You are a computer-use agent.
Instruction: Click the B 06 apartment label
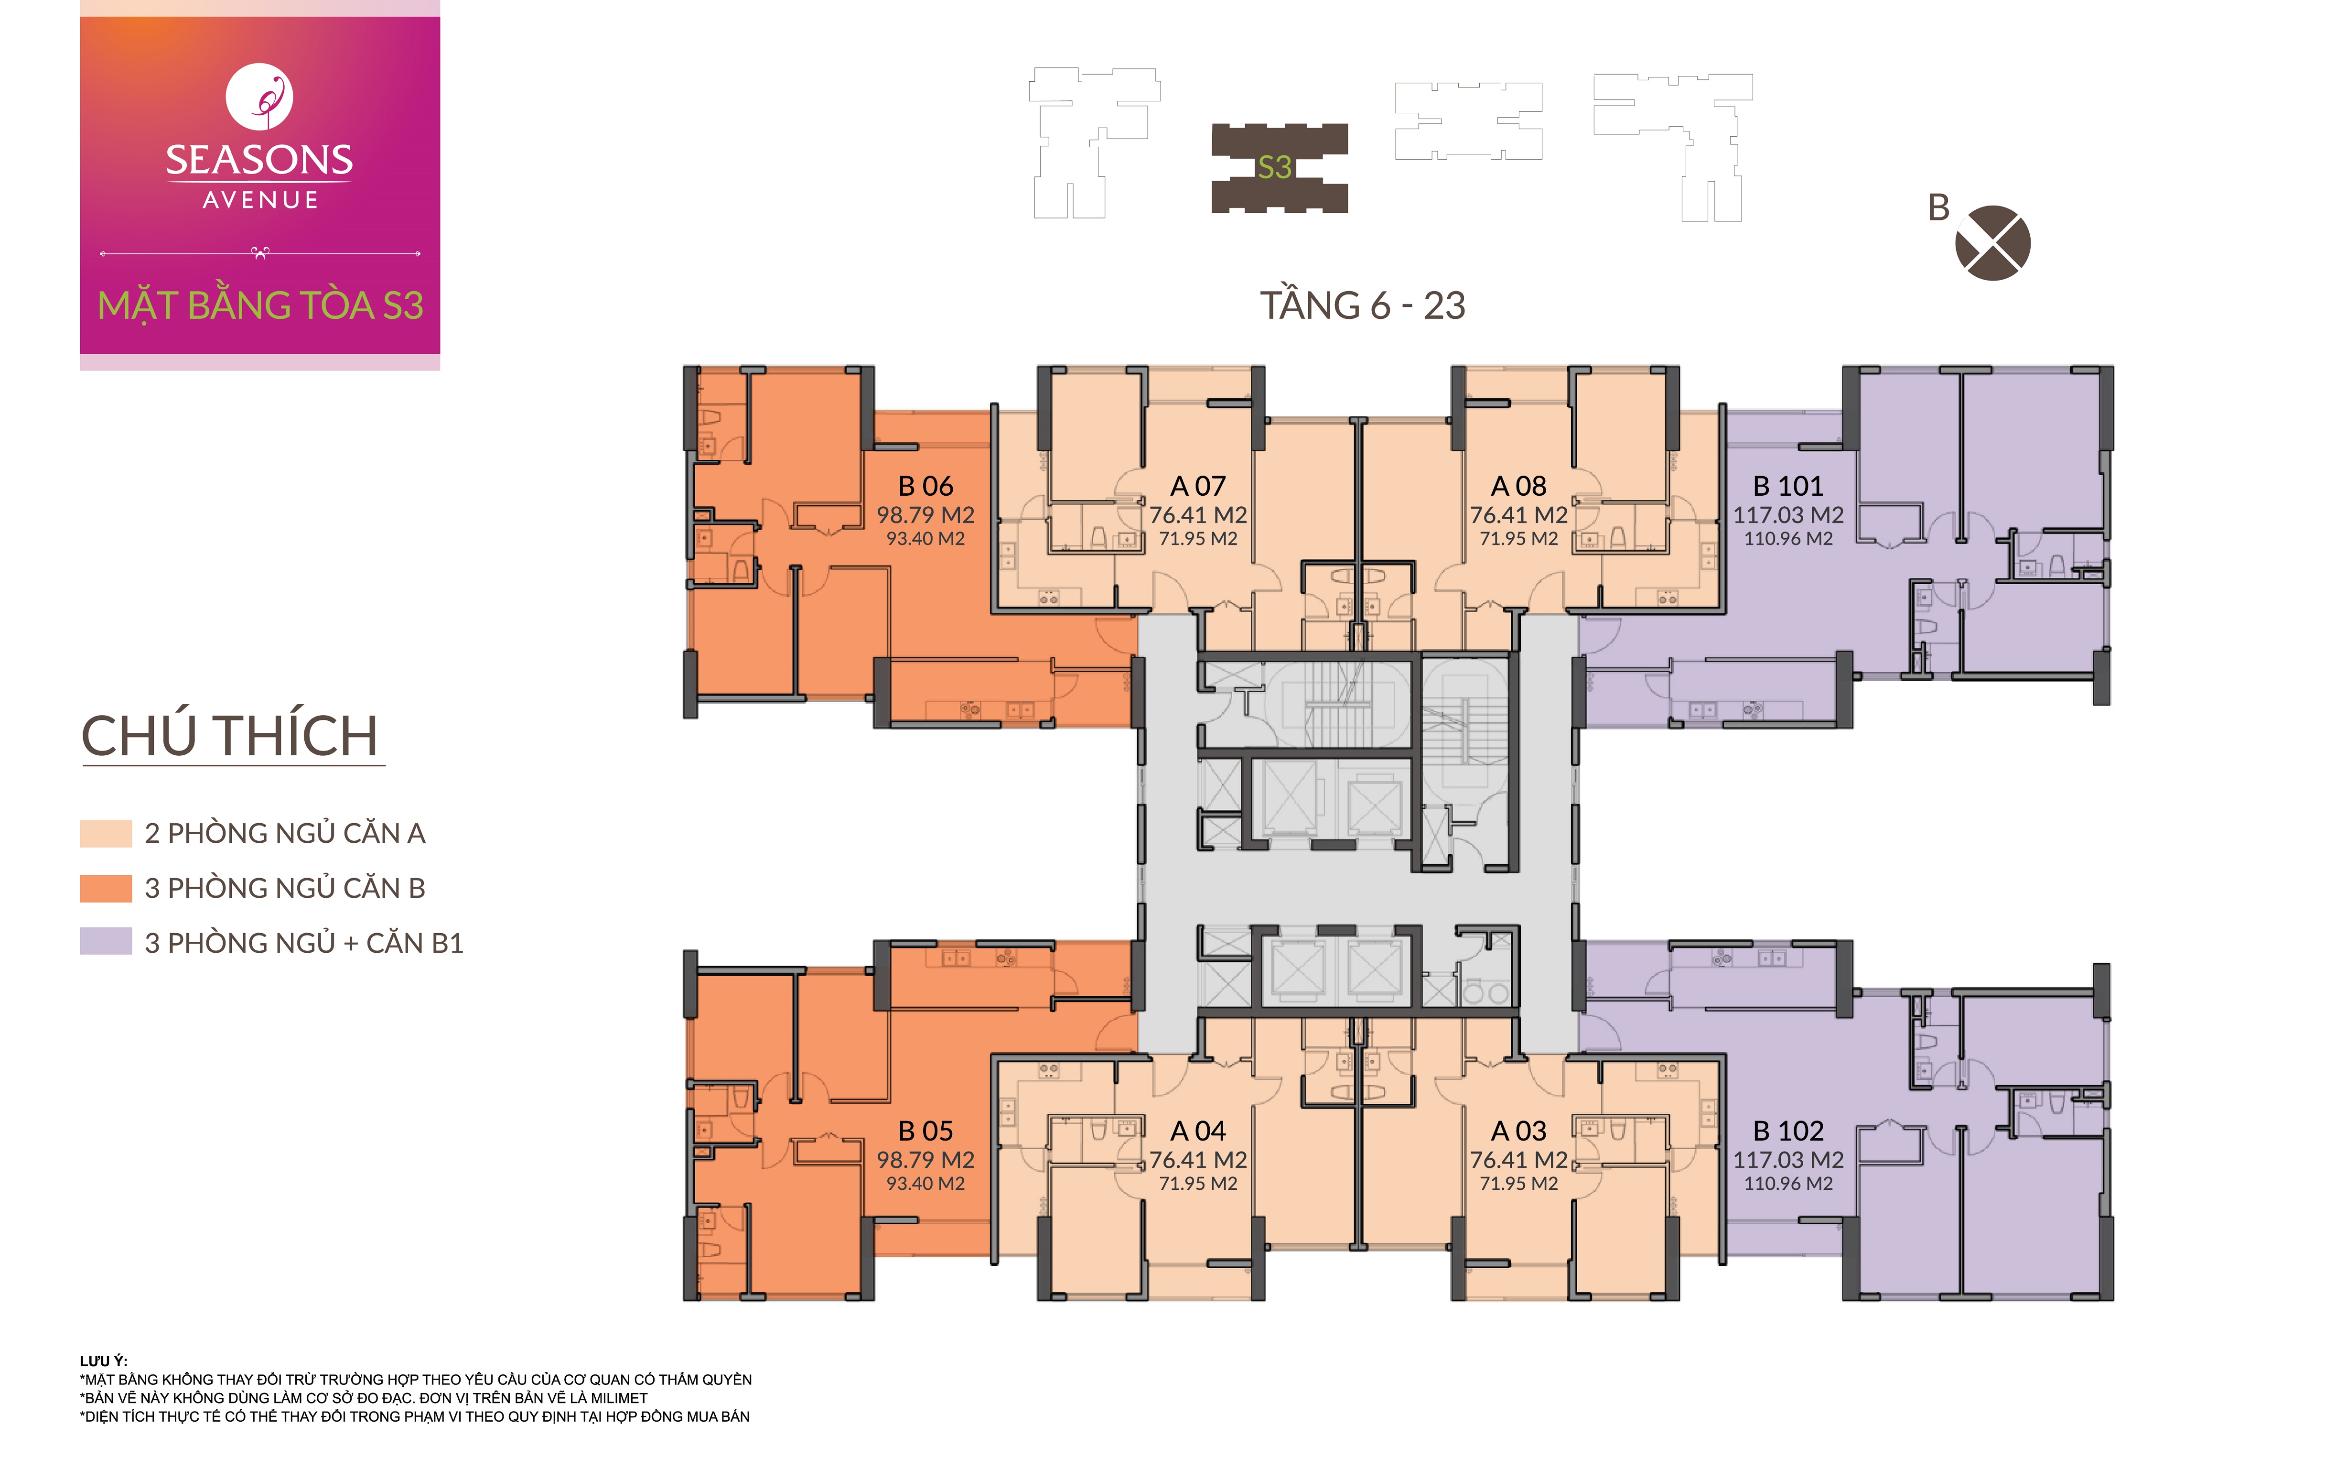[x=925, y=486]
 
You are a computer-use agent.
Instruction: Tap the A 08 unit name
[x=1518, y=486]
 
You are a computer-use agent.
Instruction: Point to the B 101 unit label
[x=1788, y=486]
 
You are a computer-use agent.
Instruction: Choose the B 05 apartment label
[x=925, y=1131]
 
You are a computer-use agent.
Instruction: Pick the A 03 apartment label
[x=1518, y=1131]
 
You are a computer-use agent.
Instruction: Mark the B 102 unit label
[x=1788, y=1131]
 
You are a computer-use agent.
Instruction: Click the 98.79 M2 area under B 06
[x=925, y=515]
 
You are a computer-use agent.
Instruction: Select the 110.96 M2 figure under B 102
[x=1788, y=1183]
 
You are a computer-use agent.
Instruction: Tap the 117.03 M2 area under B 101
[x=1788, y=515]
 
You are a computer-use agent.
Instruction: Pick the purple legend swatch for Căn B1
[x=106, y=942]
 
